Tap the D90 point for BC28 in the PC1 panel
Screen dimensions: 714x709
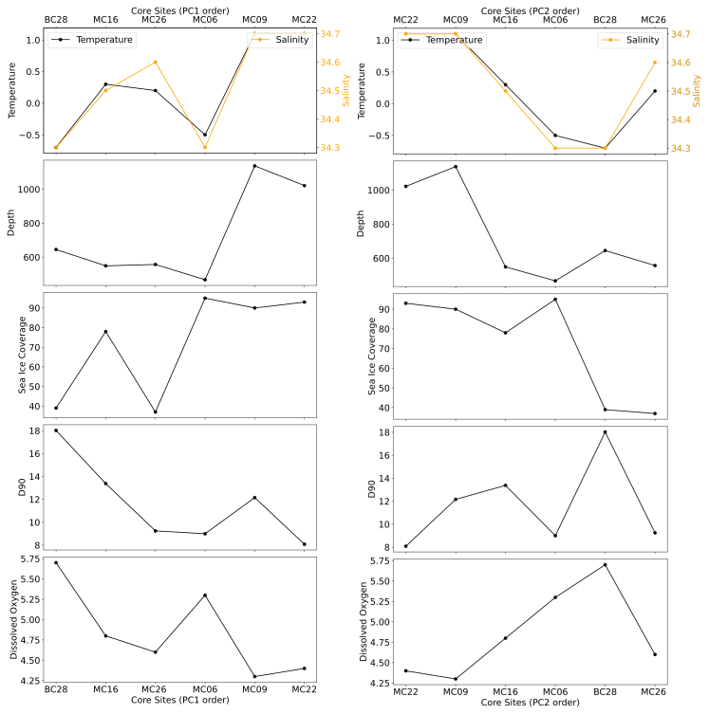56,430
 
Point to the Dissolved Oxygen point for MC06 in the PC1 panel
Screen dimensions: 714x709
204,595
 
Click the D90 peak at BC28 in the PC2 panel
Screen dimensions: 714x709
605,432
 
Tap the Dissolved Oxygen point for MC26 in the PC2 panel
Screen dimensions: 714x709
655,654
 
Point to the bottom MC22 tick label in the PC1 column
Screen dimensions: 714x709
304,689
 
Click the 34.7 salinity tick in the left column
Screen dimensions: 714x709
332,34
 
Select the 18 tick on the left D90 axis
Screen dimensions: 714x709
32,430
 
